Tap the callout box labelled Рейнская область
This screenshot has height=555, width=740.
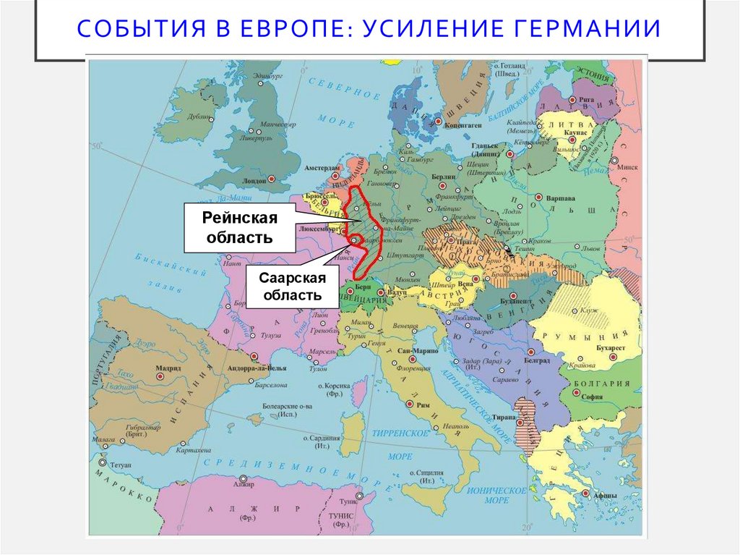(x=238, y=227)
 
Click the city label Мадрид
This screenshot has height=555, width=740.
(x=168, y=368)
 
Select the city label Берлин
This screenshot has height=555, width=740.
(x=444, y=177)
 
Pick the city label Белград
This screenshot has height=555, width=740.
(x=537, y=360)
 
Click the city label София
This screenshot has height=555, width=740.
(x=593, y=397)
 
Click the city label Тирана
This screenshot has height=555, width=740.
(x=504, y=418)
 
